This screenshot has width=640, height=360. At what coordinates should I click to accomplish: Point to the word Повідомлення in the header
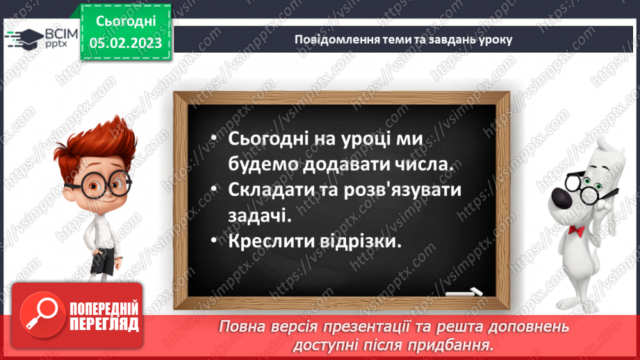coord(329,39)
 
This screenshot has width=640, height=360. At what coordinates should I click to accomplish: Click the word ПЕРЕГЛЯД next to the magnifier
coord(104,323)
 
